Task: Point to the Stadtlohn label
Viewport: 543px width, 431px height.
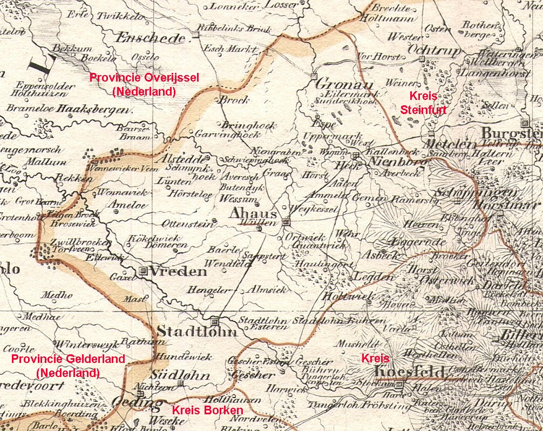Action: click(x=196, y=332)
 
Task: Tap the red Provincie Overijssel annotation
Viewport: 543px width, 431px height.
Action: click(x=144, y=84)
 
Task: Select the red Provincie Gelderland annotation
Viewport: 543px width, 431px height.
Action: click(x=68, y=366)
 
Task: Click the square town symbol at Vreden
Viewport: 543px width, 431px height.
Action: click(x=144, y=271)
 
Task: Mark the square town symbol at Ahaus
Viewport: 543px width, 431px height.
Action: click(x=286, y=221)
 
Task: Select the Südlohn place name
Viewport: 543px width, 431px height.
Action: click(x=172, y=374)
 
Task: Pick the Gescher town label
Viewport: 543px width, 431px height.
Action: click(x=252, y=374)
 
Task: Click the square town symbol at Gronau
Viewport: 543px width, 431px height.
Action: click(x=313, y=76)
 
